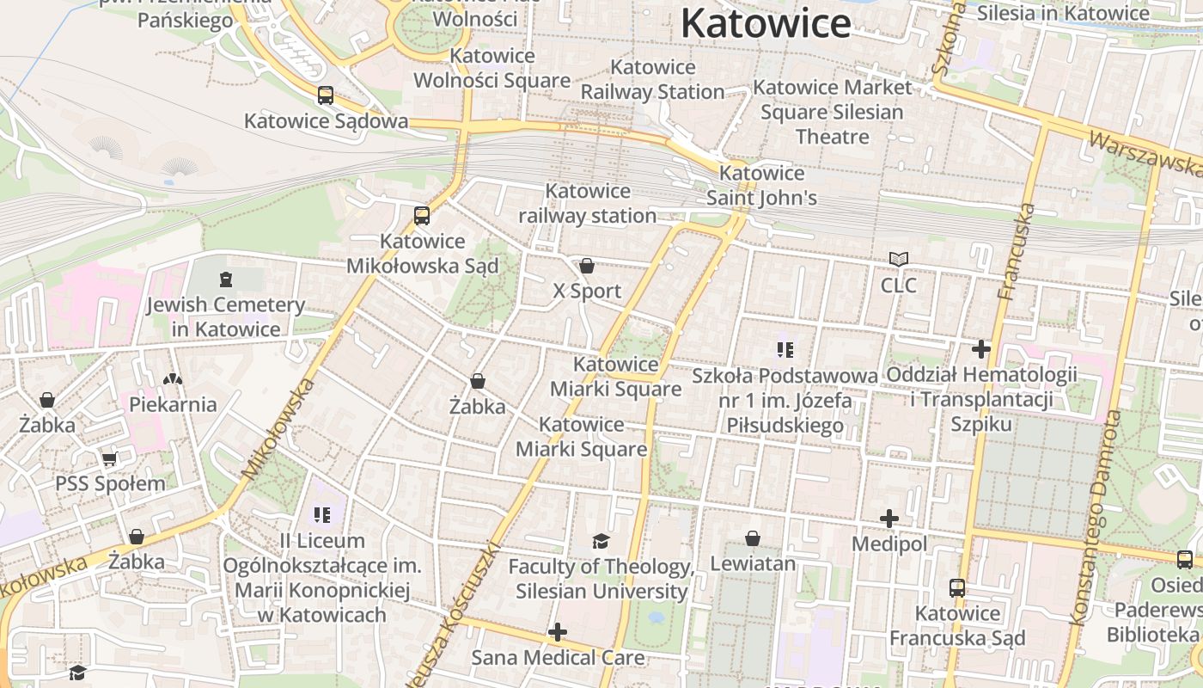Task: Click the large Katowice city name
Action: tap(766, 23)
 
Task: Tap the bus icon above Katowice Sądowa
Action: tap(326, 95)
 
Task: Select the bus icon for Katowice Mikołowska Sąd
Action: tap(421, 216)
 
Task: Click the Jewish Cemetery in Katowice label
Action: tap(225, 316)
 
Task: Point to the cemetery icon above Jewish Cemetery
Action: tap(225, 279)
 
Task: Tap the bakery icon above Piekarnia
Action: tap(173, 378)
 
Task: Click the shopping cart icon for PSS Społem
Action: tap(109, 459)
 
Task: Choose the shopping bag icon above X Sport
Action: tap(587, 266)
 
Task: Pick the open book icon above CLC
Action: tap(899, 259)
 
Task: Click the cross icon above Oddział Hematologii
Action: tap(981, 349)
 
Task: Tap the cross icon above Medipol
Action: tap(889, 519)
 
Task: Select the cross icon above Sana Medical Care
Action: tap(558, 633)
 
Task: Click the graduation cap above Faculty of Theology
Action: tap(601, 541)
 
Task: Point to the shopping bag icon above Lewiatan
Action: tap(753, 538)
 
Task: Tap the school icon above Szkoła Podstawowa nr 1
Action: tap(785, 350)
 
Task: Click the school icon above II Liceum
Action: tap(322, 515)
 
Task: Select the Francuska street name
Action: tap(1017, 251)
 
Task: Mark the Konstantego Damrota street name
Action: tap(1095, 518)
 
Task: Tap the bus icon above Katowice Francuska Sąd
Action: tap(957, 588)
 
